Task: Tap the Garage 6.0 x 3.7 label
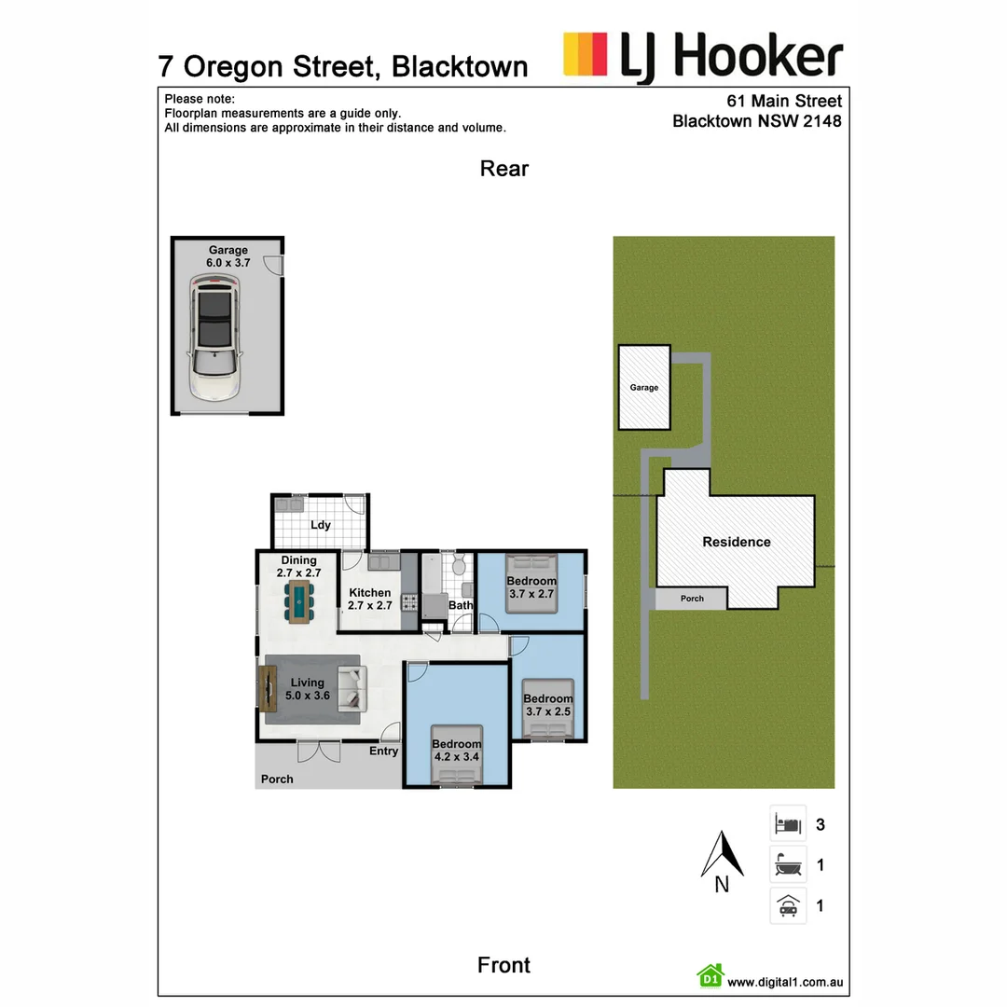tap(228, 256)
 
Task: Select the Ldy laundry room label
tap(321, 525)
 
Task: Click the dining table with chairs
tap(299, 601)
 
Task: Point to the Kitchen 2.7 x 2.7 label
tap(369, 599)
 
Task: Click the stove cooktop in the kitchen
tap(409, 601)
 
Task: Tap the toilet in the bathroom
tap(458, 566)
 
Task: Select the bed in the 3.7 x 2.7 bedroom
tap(531, 584)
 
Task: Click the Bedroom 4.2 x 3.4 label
tap(457, 751)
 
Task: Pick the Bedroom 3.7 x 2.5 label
tap(547, 705)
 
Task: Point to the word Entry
tap(383, 751)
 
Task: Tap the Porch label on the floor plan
tap(277, 779)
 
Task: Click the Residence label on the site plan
tap(736, 542)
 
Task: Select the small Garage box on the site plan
tap(644, 387)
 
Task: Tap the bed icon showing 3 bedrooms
tap(788, 824)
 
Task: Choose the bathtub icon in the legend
tap(788, 865)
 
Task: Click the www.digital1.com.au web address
tap(785, 981)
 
